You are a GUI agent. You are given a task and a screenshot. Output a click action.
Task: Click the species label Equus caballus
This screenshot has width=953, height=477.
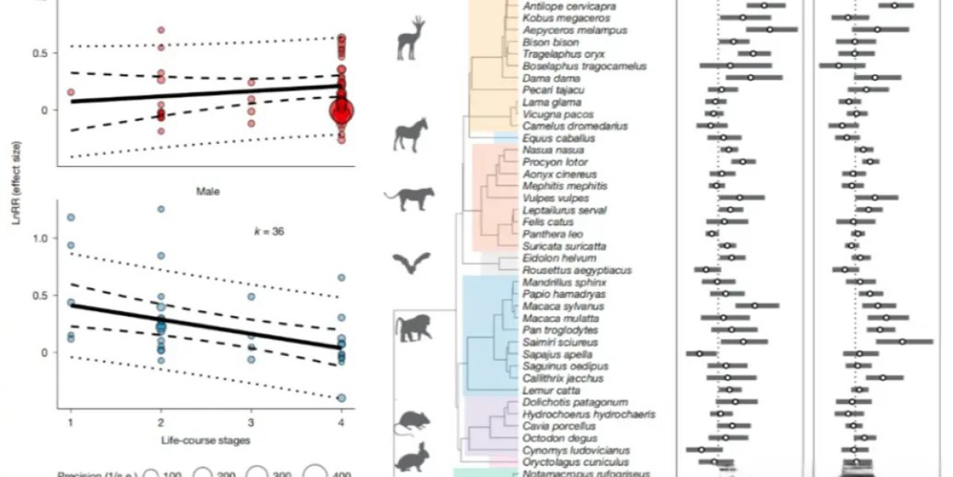(x=550, y=138)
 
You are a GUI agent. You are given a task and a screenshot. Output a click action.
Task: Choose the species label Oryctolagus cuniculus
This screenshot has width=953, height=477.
(x=565, y=462)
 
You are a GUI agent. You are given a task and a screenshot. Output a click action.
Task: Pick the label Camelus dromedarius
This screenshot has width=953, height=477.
(x=565, y=126)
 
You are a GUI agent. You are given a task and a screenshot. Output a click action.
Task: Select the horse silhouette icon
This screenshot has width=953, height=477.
(x=411, y=134)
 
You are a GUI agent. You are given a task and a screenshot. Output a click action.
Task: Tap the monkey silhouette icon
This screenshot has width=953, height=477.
(x=414, y=327)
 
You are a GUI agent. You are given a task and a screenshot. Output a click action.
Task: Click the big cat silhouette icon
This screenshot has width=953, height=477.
(x=409, y=199)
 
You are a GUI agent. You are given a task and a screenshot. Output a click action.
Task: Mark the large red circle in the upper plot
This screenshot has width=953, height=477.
(x=341, y=112)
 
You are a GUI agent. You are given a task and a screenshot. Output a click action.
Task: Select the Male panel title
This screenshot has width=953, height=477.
(x=206, y=191)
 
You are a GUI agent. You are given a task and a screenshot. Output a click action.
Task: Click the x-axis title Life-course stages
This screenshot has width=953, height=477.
(x=206, y=439)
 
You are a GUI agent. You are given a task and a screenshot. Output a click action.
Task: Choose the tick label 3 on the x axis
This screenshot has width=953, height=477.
(x=251, y=420)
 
